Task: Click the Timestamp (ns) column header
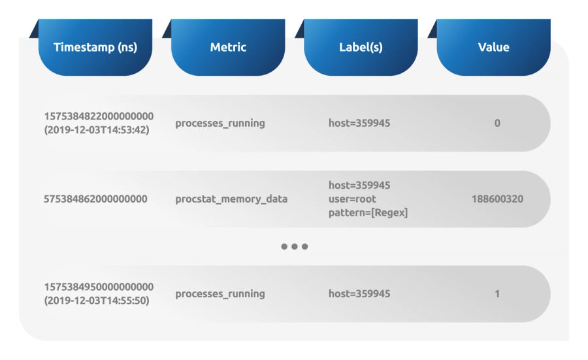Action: [x=95, y=47]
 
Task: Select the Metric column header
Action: [x=228, y=47]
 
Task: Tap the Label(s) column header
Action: [x=361, y=47]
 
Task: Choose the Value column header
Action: [x=493, y=47]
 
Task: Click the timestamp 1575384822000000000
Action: [x=99, y=116]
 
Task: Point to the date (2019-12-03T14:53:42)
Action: [x=97, y=129]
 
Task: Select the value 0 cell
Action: [x=497, y=123]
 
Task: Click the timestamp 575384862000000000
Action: [x=95, y=199]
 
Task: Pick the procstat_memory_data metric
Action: [x=231, y=199]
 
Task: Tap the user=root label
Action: [x=352, y=199]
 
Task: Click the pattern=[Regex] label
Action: [x=368, y=212]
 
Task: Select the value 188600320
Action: [x=497, y=199]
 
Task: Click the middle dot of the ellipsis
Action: [x=294, y=247]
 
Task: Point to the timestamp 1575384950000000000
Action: [x=99, y=287]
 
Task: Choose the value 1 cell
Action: [x=497, y=293]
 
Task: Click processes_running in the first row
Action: [x=220, y=123]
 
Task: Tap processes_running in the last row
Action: [x=220, y=293]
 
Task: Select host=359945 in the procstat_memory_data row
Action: [x=359, y=186]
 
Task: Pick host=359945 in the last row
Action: [x=359, y=293]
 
